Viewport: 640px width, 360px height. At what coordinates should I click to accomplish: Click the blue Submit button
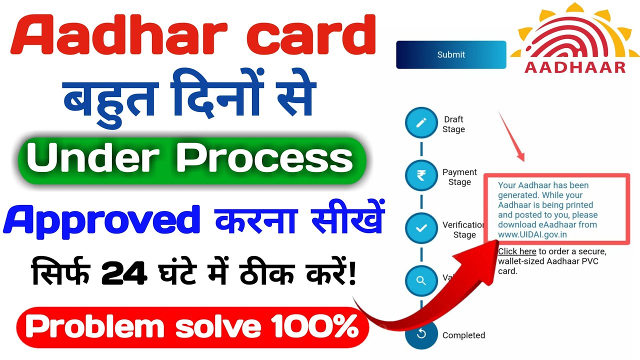pyautogui.click(x=451, y=54)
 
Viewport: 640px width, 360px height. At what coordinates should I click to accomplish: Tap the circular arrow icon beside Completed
pyautogui.click(x=421, y=334)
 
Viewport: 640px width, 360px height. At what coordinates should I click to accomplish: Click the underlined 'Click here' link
pyautogui.click(x=517, y=251)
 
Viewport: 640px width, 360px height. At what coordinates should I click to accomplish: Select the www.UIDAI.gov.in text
pyautogui.click(x=532, y=234)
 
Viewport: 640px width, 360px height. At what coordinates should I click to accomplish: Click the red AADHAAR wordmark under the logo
pyautogui.click(x=575, y=67)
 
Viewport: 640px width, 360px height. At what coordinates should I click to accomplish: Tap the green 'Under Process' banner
pyautogui.click(x=192, y=159)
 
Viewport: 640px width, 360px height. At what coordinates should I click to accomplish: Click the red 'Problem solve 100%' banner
pyautogui.click(x=192, y=327)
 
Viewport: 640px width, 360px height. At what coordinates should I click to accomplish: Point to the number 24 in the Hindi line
pyautogui.click(x=123, y=274)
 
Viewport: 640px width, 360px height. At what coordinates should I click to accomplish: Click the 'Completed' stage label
pyautogui.click(x=463, y=335)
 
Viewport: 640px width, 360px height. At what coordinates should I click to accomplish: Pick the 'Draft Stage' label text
pyautogui.click(x=453, y=124)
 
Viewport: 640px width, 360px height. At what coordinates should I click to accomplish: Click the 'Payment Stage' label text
pyautogui.click(x=459, y=177)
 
